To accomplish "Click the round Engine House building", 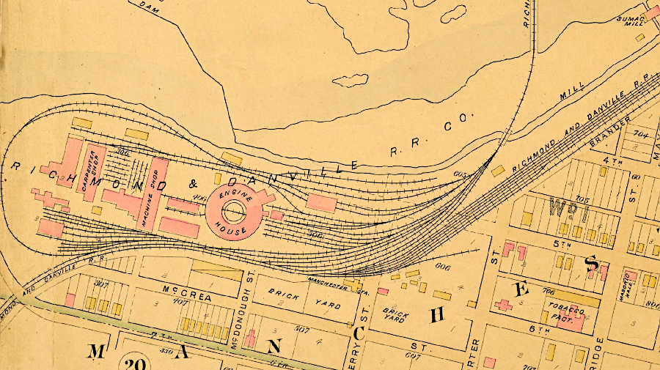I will coord(234,212).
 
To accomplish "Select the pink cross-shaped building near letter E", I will coord(503,304).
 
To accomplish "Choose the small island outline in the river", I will coord(351,79).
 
